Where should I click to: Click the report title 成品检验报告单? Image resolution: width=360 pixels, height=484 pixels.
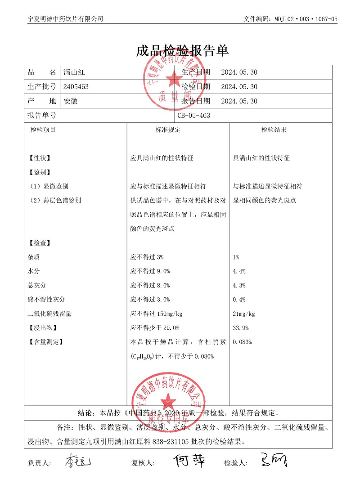(x=182, y=51)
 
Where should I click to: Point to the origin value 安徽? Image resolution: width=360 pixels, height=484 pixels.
(x=71, y=101)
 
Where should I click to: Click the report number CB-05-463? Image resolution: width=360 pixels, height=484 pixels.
(x=194, y=116)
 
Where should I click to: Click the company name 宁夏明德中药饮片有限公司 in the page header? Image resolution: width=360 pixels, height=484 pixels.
(x=66, y=19)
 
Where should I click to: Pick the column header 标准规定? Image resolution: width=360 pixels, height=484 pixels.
(x=168, y=130)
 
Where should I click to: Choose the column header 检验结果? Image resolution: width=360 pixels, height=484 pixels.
(x=274, y=130)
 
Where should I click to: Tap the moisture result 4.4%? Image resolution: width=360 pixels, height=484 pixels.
(x=239, y=271)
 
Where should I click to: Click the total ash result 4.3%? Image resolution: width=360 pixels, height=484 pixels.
(x=239, y=286)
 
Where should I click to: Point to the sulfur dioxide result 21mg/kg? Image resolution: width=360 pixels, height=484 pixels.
(x=244, y=314)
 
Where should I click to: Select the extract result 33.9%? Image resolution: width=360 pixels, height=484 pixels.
(x=241, y=327)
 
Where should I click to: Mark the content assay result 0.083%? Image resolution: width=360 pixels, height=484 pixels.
(x=242, y=342)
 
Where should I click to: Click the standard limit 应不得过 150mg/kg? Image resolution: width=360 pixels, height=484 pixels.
(x=156, y=314)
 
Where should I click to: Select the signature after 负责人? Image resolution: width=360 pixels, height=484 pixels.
(x=78, y=461)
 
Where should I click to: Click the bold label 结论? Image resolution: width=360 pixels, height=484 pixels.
(x=86, y=412)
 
